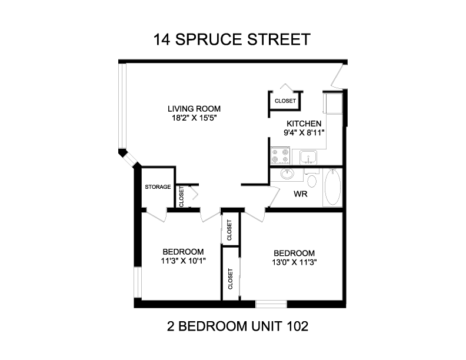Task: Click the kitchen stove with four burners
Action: (x=280, y=156)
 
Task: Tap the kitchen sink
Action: (x=308, y=157)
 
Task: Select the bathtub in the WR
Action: (x=332, y=188)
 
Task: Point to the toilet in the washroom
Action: (x=311, y=178)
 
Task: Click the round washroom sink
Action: (x=287, y=174)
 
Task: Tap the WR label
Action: (x=300, y=194)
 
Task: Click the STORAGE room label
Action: (x=158, y=187)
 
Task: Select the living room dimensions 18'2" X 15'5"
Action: (x=194, y=118)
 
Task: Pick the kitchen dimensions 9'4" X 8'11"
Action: (x=304, y=132)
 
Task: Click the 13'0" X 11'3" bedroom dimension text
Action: (x=294, y=262)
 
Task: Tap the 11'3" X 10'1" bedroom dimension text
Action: (x=184, y=261)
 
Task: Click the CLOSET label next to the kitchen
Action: (x=285, y=101)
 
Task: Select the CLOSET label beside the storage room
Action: (x=182, y=196)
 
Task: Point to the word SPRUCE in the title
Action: (x=209, y=39)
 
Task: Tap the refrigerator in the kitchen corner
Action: (x=333, y=103)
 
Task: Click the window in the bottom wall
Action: (x=271, y=304)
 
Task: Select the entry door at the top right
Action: (x=338, y=76)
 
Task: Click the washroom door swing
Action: (x=274, y=196)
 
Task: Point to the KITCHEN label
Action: (x=304, y=124)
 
